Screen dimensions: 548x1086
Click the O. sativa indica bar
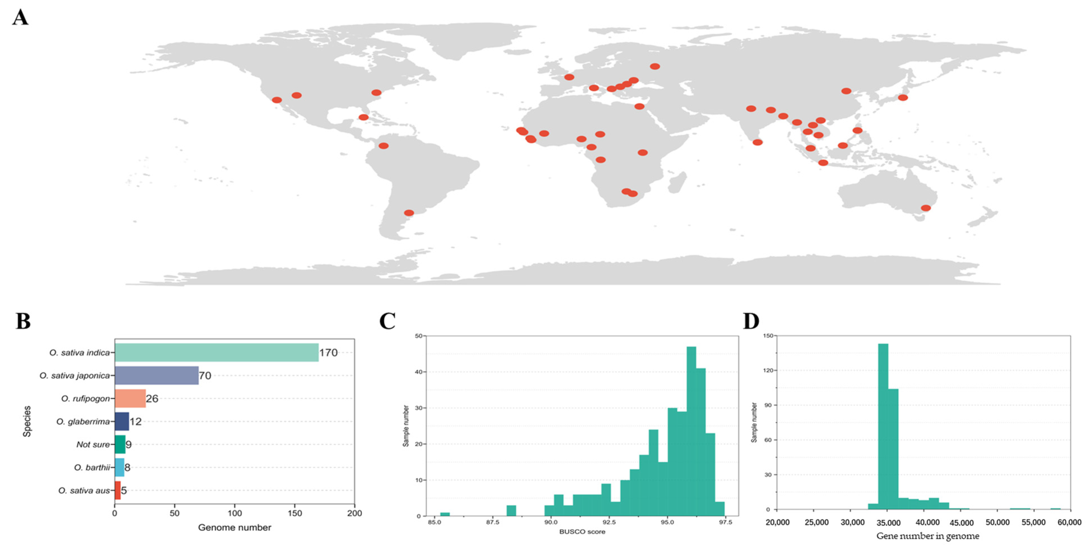click(x=216, y=352)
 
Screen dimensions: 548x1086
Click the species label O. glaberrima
click(x=83, y=422)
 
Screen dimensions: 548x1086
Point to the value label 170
click(x=328, y=352)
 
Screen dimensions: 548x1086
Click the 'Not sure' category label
click(x=93, y=444)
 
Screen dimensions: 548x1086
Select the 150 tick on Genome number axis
click(x=295, y=514)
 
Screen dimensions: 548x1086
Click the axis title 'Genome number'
click(x=235, y=527)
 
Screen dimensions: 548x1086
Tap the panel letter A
click(x=20, y=18)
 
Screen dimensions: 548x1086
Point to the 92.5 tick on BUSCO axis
click(x=609, y=522)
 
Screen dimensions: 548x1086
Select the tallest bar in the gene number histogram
click(x=883, y=426)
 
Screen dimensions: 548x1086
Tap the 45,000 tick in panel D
click(x=961, y=523)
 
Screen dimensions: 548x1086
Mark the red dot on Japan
click(x=902, y=97)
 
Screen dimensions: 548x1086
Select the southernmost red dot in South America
click(x=409, y=213)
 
